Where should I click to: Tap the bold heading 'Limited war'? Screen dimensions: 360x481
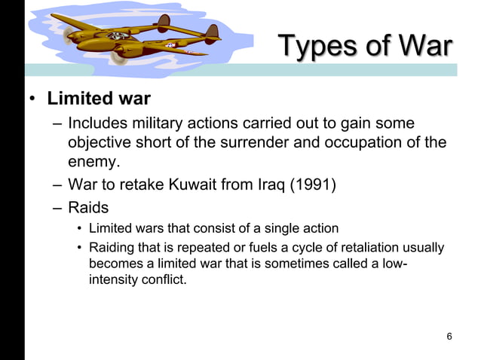99,99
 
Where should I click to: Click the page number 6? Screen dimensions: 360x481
449,336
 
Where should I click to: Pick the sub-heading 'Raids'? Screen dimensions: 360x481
88,207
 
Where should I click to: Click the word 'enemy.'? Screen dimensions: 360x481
94,162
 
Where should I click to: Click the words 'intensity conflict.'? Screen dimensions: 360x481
137,281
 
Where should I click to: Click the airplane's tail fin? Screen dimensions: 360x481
212,31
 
